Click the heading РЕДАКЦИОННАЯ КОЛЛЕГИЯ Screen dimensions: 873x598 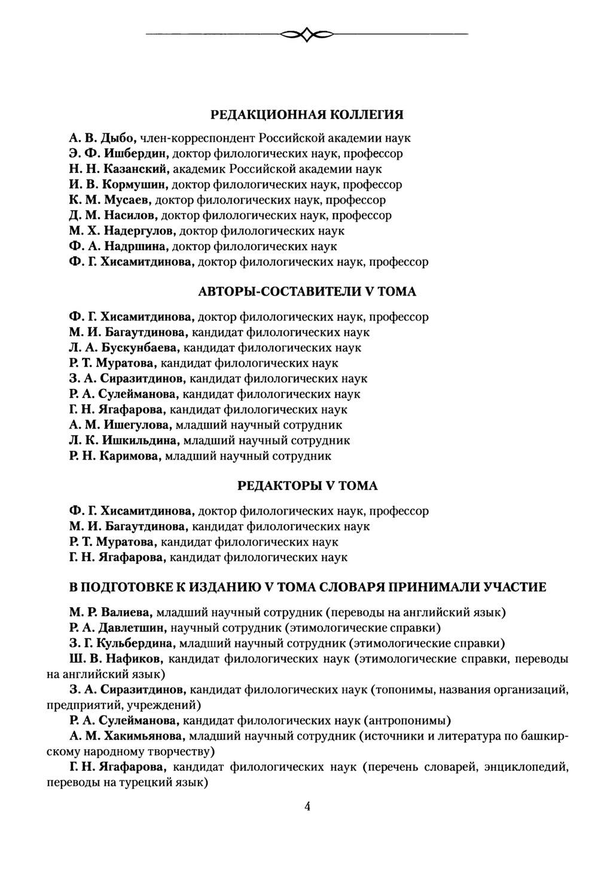307,115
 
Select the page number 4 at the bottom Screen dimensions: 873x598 307,806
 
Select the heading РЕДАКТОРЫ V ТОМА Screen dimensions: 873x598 307,486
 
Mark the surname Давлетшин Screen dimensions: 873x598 131,628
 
